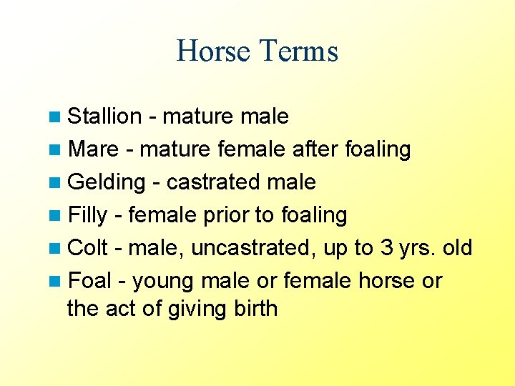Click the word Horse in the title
[x=213, y=51]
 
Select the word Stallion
[x=104, y=117]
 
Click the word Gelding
[x=106, y=182]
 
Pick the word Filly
[x=87, y=214]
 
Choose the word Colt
[x=87, y=248]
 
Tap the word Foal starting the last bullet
[x=89, y=281]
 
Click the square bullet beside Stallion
[x=55, y=117]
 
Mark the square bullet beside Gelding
[x=55, y=183]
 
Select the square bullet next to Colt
[x=55, y=249]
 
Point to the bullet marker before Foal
[x=55, y=282]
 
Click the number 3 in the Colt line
[x=387, y=248]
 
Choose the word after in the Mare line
[x=315, y=149]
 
